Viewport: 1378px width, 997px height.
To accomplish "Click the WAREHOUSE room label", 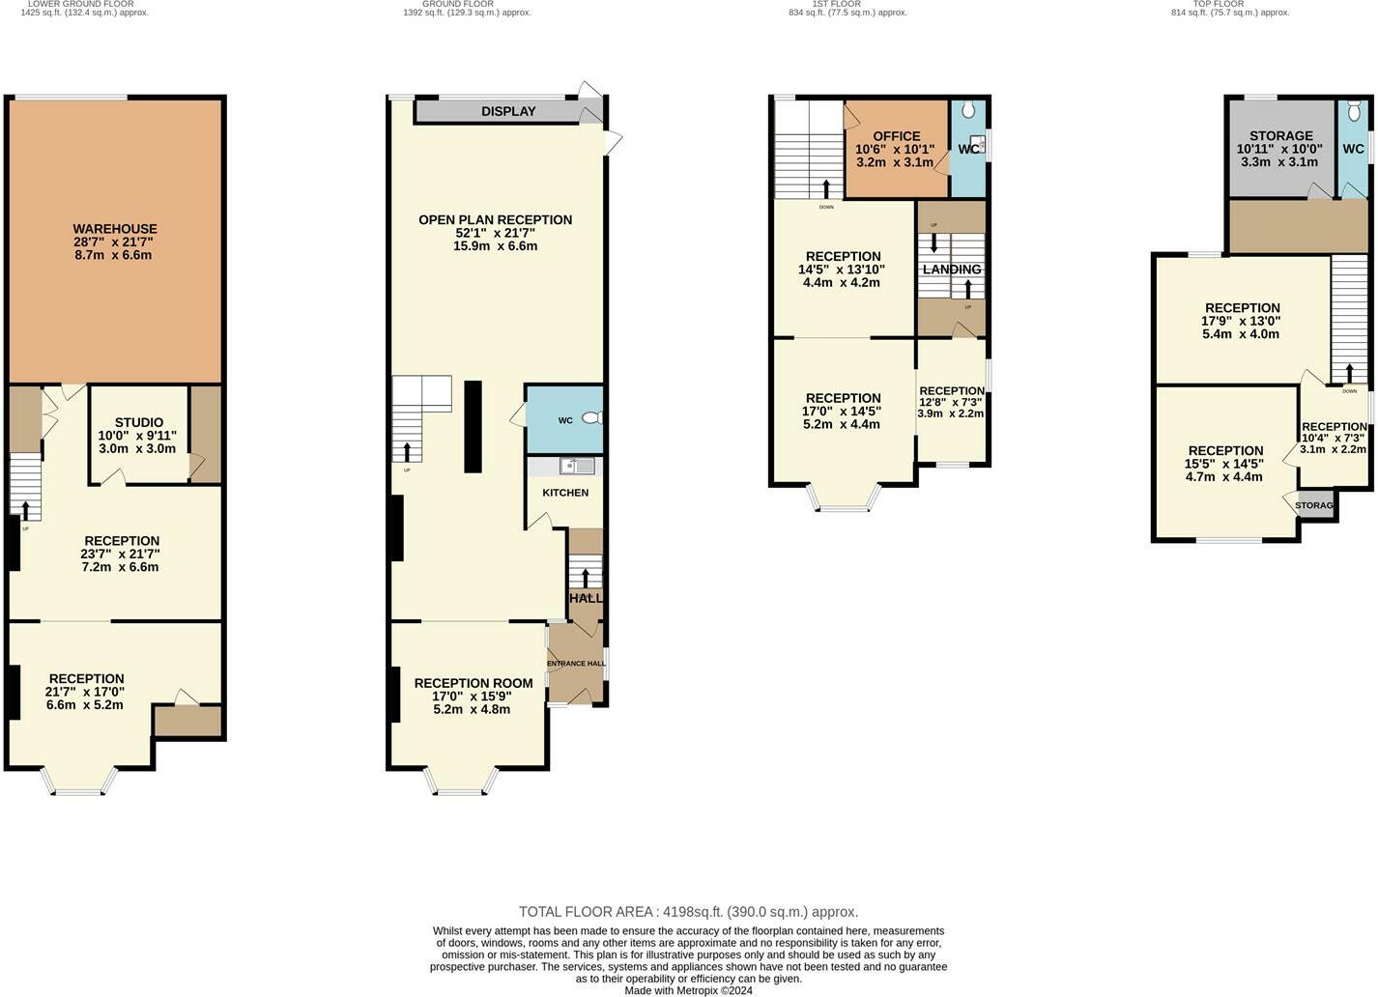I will pyautogui.click(x=115, y=229).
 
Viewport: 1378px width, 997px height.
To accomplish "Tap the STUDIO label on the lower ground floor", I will pyautogui.click(x=139, y=422).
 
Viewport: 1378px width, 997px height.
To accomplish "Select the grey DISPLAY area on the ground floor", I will pyautogui.click(x=508, y=111).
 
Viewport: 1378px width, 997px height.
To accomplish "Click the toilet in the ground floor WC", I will pyautogui.click(x=592, y=418).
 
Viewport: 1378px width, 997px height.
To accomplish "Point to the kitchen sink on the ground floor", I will pyautogui.click(x=579, y=467).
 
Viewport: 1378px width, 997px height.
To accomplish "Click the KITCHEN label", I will pyautogui.click(x=565, y=493).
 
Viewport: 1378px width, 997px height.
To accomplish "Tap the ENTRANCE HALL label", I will pyautogui.click(x=577, y=664).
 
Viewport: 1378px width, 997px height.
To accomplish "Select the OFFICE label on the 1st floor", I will pyautogui.click(x=896, y=136).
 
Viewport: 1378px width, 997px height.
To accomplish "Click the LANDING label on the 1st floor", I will pyautogui.click(x=952, y=270).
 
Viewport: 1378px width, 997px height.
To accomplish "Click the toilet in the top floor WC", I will pyautogui.click(x=1354, y=109).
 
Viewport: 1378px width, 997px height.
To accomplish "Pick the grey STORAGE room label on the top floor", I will pyautogui.click(x=1280, y=135).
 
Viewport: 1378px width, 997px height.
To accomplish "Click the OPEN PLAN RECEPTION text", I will pyautogui.click(x=495, y=219).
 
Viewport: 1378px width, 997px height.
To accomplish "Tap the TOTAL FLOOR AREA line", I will pyautogui.click(x=688, y=912).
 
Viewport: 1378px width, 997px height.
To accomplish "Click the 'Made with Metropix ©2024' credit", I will pyautogui.click(x=688, y=990).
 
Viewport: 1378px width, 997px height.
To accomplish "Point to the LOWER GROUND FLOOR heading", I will pyautogui.click(x=81, y=4).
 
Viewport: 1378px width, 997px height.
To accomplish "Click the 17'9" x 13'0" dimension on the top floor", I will pyautogui.click(x=1242, y=322).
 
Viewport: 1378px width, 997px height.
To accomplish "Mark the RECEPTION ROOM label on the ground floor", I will pyautogui.click(x=473, y=683).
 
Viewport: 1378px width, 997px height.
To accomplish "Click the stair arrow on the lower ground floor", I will pyautogui.click(x=25, y=509).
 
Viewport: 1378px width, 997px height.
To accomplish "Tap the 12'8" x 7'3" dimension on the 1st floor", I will pyautogui.click(x=951, y=402).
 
